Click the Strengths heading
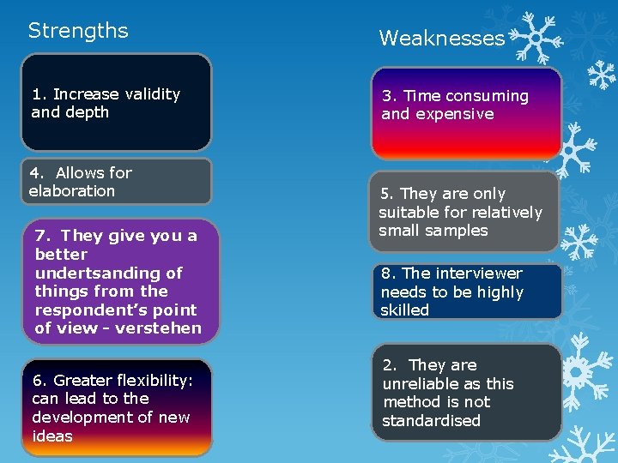[x=78, y=31]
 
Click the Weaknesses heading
[x=442, y=38]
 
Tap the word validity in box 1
[x=153, y=93]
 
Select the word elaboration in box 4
[x=72, y=191]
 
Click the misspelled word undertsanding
[x=109, y=273]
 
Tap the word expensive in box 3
[x=463, y=114]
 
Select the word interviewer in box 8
[x=480, y=274]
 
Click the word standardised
[x=431, y=421]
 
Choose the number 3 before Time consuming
[x=387, y=96]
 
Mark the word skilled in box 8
[x=404, y=310]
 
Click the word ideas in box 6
[x=52, y=436]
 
